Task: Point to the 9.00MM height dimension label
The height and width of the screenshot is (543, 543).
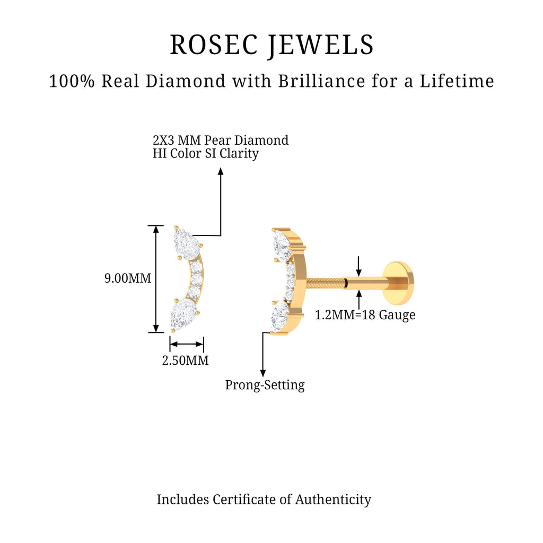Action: tap(128, 278)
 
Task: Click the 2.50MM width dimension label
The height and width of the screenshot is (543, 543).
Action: tap(185, 361)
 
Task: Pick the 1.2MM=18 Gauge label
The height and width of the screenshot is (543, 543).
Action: tap(365, 315)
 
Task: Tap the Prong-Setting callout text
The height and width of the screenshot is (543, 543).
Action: tap(265, 385)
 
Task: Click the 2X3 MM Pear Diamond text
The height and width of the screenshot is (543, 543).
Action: tap(221, 141)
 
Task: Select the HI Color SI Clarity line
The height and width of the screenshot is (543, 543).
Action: tap(206, 154)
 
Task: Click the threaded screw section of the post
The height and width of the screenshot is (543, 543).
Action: tap(325, 282)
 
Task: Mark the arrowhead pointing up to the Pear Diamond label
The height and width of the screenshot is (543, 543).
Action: tap(221, 171)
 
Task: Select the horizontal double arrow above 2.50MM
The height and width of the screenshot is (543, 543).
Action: tap(186, 344)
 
